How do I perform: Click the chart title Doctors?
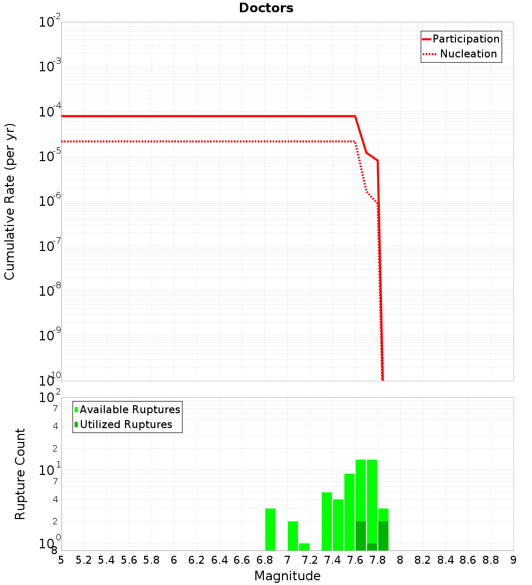[x=266, y=8]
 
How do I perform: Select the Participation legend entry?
[x=465, y=39]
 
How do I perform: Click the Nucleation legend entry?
[x=468, y=54]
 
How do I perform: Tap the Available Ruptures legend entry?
[x=130, y=410]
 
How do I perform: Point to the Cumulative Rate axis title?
[x=10, y=201]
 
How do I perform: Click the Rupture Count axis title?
[x=20, y=474]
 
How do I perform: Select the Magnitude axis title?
[x=287, y=576]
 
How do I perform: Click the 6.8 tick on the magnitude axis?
[x=264, y=560]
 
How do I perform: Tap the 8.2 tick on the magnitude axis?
[x=423, y=560]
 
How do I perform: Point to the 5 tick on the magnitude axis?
[x=61, y=560]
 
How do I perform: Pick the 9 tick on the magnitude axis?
[x=513, y=560]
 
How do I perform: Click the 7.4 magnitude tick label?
[x=332, y=560]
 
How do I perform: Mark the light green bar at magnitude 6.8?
[x=270, y=529]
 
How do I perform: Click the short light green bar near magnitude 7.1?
[x=304, y=547]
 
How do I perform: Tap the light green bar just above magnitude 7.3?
[x=327, y=521]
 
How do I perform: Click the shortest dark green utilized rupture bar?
[x=372, y=547]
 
